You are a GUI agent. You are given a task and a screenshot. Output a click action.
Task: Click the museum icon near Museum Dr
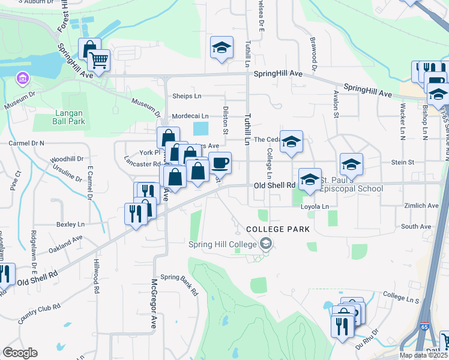point(22,79)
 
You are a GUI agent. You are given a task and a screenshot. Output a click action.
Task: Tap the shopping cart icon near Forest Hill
point(98,60)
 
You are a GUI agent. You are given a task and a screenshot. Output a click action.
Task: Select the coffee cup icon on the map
point(220,163)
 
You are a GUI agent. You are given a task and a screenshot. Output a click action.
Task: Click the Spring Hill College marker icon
point(265,244)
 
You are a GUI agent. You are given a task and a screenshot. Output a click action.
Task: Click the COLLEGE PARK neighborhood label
point(278,229)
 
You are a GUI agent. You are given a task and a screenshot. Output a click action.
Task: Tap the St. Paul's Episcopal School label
point(350,184)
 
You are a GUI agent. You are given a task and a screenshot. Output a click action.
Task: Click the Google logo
point(20,353)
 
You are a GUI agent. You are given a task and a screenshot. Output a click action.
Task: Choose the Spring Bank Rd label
point(179,285)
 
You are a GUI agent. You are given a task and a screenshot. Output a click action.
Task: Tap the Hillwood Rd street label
point(96,281)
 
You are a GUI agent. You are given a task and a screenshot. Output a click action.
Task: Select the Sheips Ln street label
point(187,96)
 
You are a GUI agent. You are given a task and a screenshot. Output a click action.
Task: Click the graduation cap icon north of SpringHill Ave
point(221,47)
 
